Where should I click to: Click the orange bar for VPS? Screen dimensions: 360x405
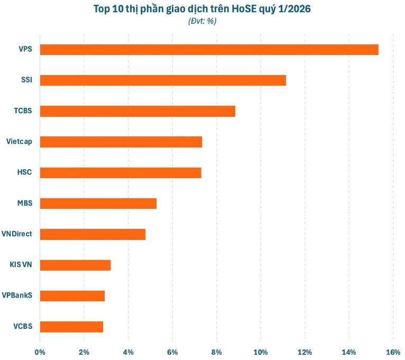209,50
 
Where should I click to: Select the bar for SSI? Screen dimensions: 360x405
163,80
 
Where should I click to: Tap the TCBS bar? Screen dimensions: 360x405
137,111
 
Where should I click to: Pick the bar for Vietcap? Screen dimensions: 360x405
121,142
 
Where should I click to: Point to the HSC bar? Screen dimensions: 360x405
121,173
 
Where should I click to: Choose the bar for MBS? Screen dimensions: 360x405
98,204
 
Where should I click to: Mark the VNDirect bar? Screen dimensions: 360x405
93,234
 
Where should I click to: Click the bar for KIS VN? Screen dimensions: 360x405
75,265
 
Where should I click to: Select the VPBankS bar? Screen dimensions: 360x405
72,296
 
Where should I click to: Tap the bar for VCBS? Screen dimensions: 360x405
71,326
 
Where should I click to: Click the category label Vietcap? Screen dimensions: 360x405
19,142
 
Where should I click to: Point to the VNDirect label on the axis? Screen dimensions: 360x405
18,234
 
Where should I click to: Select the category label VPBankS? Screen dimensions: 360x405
17,296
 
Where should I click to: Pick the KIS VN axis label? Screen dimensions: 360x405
21,265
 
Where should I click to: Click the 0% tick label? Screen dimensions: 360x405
40,352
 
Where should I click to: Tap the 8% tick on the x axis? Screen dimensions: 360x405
216,352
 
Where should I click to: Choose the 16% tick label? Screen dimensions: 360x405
392,352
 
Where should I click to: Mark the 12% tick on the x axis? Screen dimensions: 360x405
305,352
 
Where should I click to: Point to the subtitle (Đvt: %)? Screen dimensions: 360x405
202,21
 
